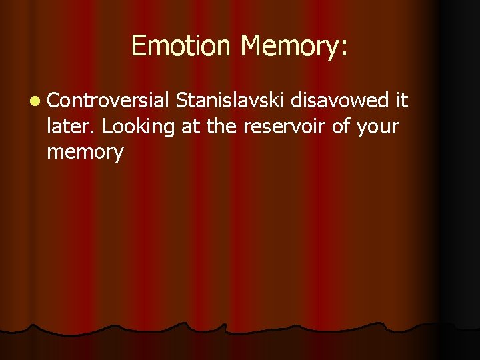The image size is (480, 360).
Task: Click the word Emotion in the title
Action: click(x=181, y=46)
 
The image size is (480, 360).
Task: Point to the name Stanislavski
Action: click(x=231, y=101)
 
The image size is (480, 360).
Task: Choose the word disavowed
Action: click(x=340, y=101)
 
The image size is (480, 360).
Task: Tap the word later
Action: click(x=72, y=126)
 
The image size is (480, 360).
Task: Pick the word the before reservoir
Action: click(x=221, y=126)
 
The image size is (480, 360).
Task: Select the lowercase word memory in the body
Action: click(x=85, y=153)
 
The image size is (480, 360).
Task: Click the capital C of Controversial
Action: click(x=53, y=101)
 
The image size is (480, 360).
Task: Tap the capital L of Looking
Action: click(x=107, y=126)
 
